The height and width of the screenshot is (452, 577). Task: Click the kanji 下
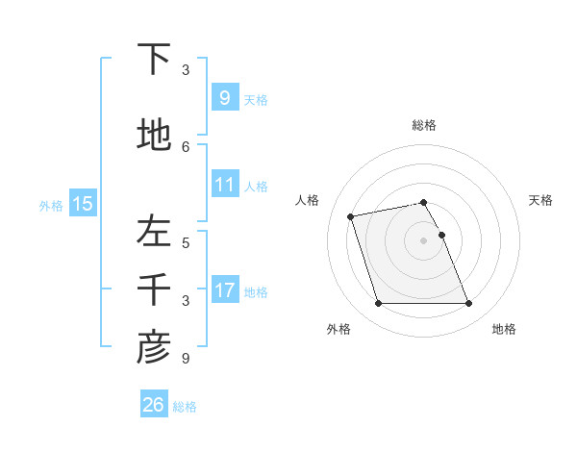[154, 59]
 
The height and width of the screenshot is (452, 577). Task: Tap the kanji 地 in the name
[154, 135]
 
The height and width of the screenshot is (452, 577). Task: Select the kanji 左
[154, 232]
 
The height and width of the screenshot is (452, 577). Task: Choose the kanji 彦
[154, 348]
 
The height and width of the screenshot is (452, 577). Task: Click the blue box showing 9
[224, 97]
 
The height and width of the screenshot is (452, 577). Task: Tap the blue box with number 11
[224, 184]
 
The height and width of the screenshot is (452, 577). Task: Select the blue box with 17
[224, 289]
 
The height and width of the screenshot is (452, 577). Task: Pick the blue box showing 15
[83, 203]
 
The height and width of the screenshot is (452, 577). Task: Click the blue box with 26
[154, 405]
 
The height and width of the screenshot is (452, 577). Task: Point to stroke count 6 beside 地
[186, 146]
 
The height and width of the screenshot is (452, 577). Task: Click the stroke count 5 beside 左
[186, 242]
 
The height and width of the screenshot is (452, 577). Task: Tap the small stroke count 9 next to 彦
[186, 359]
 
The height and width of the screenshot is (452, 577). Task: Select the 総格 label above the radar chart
[424, 125]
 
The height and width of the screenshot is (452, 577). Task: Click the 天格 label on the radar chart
[540, 200]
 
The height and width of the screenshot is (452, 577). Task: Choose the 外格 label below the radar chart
[339, 329]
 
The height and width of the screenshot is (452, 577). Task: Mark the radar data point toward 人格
[351, 215]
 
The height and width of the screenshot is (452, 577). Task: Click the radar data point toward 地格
[468, 304]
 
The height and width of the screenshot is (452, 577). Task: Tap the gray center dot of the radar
[424, 239]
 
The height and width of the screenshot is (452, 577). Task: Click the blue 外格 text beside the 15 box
[51, 205]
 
